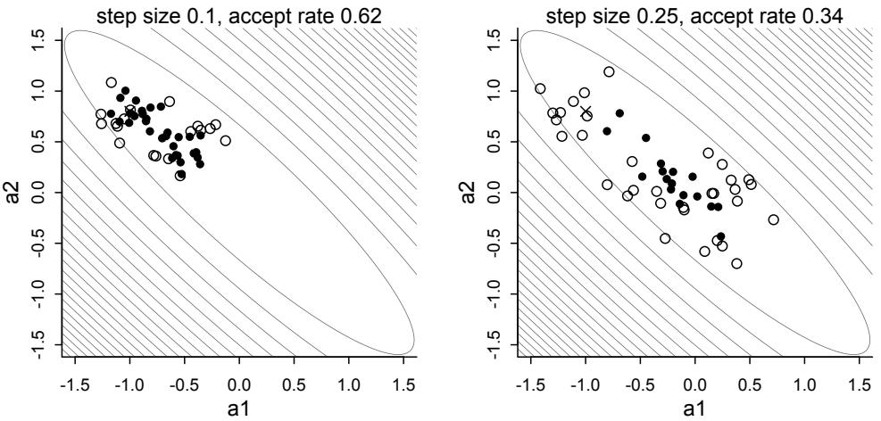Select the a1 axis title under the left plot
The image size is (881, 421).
[x=239, y=409]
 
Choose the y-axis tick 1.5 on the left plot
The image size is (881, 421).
[x=37, y=40]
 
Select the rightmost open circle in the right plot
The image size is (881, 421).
[x=773, y=219]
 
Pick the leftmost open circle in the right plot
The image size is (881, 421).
[x=540, y=88]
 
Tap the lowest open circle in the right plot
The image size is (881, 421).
[x=736, y=263]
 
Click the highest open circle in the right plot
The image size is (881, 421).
[x=609, y=71]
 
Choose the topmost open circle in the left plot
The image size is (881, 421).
[x=112, y=82]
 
